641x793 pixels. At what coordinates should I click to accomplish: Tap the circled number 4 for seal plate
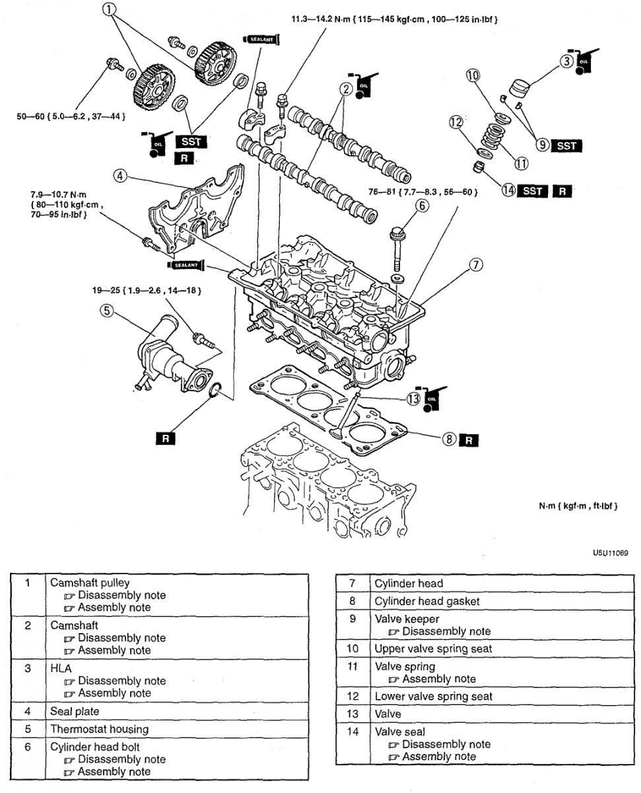click(x=119, y=176)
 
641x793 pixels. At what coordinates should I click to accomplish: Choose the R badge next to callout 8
click(x=469, y=439)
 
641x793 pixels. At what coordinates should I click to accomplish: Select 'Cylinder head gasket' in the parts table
click(x=427, y=601)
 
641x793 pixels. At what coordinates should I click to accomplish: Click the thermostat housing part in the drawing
click(x=168, y=359)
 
